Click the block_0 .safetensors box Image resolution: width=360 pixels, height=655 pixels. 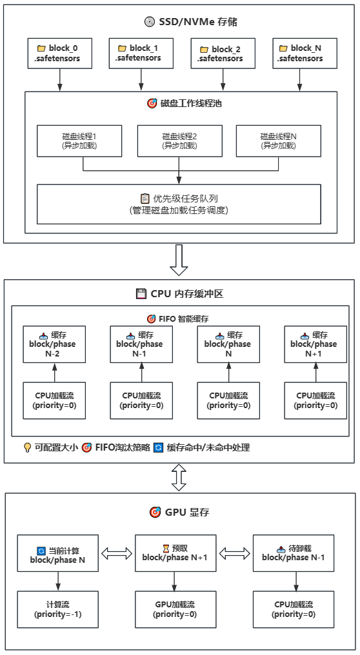point(60,53)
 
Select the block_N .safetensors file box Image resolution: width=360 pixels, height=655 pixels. point(301,53)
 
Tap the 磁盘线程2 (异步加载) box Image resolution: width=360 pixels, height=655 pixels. point(179,141)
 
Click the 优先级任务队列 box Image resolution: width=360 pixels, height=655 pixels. point(179,204)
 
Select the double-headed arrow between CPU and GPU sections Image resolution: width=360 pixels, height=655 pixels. point(179,478)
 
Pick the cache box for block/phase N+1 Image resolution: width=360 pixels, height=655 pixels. point(315,344)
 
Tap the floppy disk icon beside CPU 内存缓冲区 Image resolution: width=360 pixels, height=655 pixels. point(141,294)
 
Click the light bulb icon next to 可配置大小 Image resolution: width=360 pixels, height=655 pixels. point(27,447)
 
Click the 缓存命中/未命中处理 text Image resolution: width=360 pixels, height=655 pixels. point(208,447)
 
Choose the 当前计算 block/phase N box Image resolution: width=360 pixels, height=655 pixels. point(57,553)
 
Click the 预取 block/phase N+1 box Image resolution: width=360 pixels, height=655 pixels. point(174,553)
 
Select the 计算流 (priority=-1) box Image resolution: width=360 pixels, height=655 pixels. point(57,609)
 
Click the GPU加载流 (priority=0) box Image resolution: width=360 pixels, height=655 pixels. point(174,609)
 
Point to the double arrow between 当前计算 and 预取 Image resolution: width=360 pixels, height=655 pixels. point(116,553)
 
